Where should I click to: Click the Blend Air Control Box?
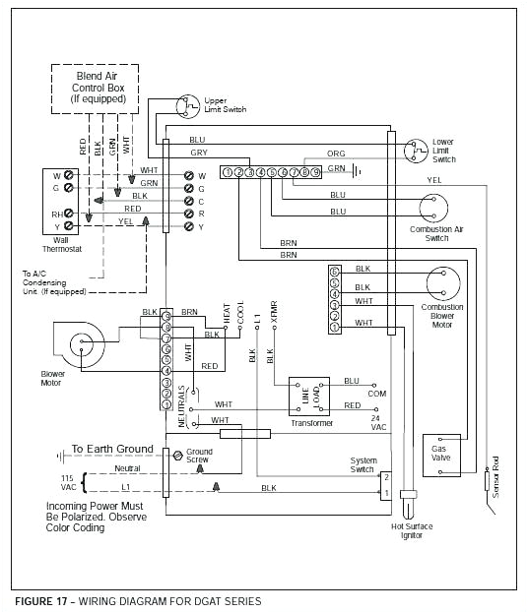100,89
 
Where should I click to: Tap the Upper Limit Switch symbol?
186,104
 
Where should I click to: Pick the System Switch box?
387,483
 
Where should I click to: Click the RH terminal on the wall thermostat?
56,214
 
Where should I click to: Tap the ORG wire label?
336,153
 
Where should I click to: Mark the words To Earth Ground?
112,449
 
